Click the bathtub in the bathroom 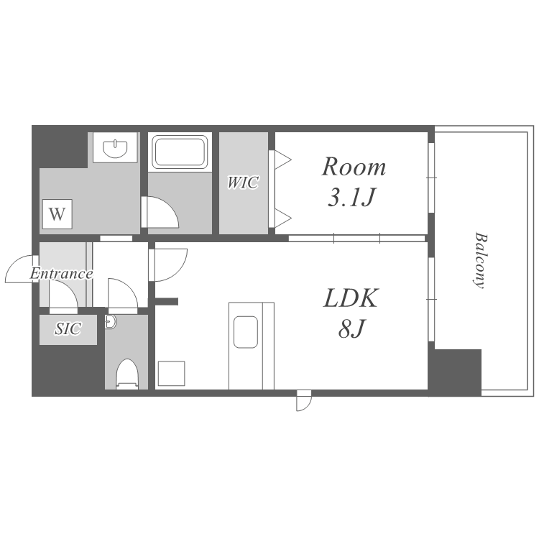point(180,152)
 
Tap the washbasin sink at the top point(115,149)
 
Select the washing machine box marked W point(57,214)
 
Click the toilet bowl point(127,374)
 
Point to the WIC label point(243,183)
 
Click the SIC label point(68,329)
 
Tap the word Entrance point(61,274)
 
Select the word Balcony point(481,261)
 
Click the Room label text point(354,167)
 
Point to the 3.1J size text point(351,197)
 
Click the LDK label point(351,298)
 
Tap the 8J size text point(351,328)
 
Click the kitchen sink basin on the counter point(246,332)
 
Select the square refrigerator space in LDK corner point(172,373)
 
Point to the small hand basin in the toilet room point(111,322)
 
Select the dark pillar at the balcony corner point(454,373)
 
